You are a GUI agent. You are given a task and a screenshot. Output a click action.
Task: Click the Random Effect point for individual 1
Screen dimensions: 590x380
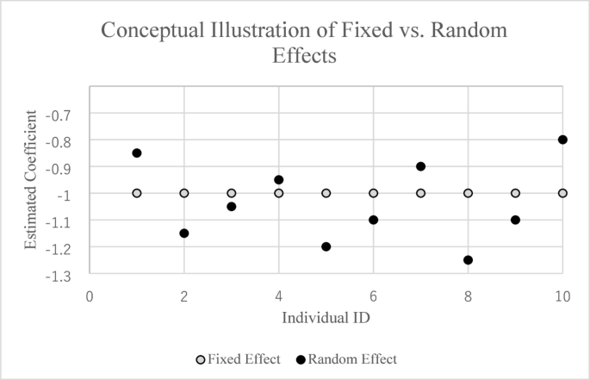pyautogui.click(x=137, y=153)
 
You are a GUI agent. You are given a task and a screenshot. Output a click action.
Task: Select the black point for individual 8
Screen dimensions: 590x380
pyautogui.click(x=468, y=260)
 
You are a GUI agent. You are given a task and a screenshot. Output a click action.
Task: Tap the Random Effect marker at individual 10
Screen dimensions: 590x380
pyautogui.click(x=562, y=140)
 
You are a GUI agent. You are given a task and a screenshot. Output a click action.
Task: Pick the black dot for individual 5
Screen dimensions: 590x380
pyautogui.click(x=326, y=246)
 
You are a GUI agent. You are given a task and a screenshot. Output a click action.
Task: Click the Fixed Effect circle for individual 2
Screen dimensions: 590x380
pyautogui.click(x=184, y=193)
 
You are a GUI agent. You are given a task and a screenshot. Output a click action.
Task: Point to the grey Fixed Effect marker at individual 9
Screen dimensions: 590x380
pyautogui.click(x=516, y=193)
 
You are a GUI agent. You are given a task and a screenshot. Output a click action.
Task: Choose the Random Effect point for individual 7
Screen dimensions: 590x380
pyautogui.click(x=420, y=166)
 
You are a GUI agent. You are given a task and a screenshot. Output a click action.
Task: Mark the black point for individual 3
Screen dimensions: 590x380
pyautogui.click(x=232, y=207)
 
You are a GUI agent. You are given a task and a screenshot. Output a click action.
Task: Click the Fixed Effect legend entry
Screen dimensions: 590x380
pyautogui.click(x=239, y=359)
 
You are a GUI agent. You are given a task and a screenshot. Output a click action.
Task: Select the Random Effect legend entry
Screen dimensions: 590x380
pyautogui.click(x=346, y=359)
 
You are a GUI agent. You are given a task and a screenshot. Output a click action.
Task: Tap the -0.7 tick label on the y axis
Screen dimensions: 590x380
pyautogui.click(x=58, y=115)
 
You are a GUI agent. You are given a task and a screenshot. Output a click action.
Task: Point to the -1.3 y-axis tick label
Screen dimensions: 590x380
pyautogui.click(x=58, y=277)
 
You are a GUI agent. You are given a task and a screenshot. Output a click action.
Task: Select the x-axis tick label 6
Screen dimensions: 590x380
pyautogui.click(x=373, y=296)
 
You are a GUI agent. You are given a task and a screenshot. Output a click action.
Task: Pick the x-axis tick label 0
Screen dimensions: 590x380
pyautogui.click(x=90, y=296)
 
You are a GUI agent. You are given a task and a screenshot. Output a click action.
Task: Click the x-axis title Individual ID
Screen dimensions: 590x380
pyautogui.click(x=326, y=318)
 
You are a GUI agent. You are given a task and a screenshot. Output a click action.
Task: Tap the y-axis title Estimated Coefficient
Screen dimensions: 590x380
pyautogui.click(x=30, y=179)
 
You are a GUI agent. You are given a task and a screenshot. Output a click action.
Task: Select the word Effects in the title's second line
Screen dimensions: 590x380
pyautogui.click(x=304, y=56)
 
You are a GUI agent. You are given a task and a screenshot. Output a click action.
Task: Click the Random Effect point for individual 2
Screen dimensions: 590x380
pyautogui.click(x=184, y=234)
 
